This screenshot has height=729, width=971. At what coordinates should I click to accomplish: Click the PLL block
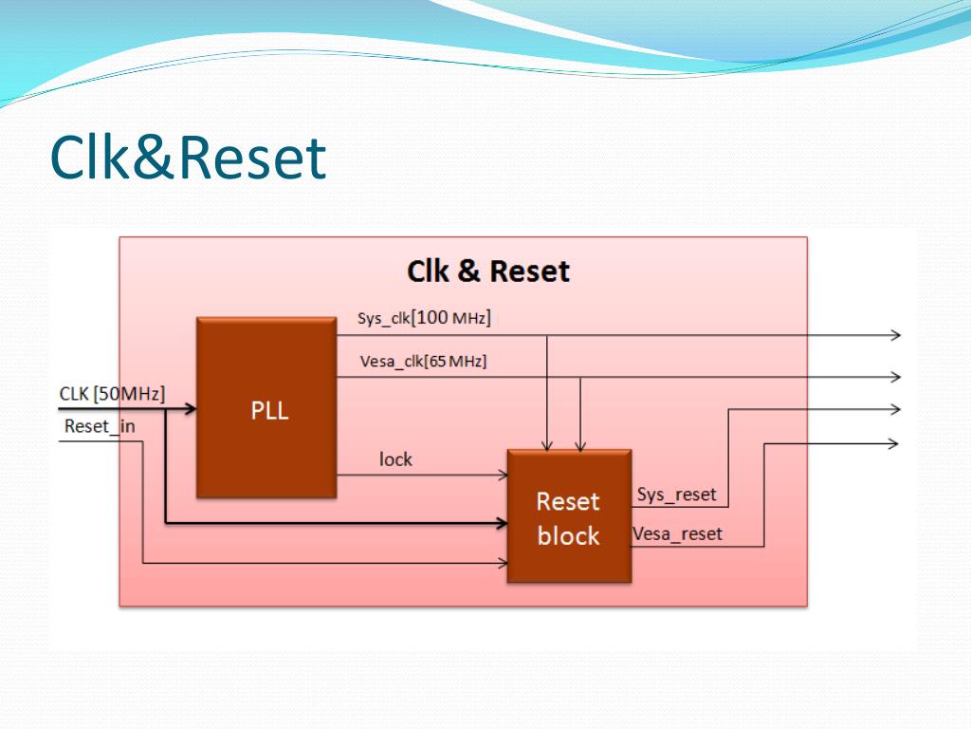pos(266,407)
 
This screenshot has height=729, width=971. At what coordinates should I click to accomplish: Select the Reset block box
pos(569,515)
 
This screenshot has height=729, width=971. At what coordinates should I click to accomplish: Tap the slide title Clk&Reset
pos(188,158)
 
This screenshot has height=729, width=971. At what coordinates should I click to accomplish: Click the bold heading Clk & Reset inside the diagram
pos(488,271)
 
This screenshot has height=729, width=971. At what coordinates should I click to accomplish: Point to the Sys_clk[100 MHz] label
pos(424,317)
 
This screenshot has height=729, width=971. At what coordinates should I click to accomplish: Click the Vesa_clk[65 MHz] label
pos(424,361)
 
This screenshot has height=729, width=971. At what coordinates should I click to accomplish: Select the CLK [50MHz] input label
pos(112,394)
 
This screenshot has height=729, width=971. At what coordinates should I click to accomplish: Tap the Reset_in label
pos(100,426)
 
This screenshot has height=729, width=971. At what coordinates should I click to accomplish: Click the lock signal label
pos(395,459)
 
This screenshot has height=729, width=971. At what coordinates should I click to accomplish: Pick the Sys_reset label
pos(676,495)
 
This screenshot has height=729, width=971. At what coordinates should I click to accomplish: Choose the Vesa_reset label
pos(677,533)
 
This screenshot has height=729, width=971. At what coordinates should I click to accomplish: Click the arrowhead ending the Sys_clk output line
pos(896,335)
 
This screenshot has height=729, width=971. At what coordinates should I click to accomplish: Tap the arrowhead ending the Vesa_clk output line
pos(896,376)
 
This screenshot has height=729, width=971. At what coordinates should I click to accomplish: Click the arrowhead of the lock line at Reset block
pos(504,476)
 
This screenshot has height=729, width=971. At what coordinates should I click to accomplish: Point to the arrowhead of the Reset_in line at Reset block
pos(504,564)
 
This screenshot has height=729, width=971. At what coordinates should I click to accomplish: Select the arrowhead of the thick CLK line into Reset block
pos(503,523)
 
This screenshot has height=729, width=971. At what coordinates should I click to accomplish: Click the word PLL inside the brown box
pos(269,410)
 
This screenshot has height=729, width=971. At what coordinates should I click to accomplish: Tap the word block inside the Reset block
pos(569,536)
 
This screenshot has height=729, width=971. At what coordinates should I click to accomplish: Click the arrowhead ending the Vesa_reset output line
pos(893,443)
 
